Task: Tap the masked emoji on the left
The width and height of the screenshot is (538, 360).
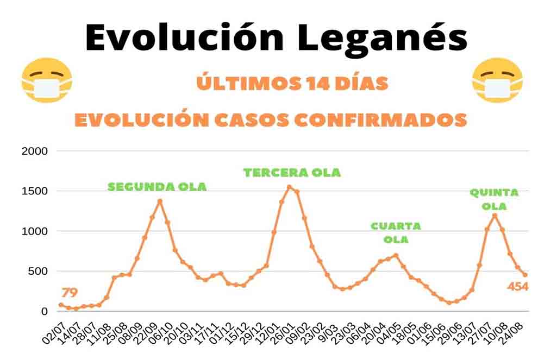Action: point(46,80)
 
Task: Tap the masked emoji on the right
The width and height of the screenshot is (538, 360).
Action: point(497,80)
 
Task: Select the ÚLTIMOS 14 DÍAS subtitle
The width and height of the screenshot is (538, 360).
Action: point(292,84)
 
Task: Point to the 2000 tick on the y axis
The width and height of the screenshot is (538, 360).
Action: point(34,151)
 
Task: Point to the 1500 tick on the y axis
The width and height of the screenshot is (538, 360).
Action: point(34,191)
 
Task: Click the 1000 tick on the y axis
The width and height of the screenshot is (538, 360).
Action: point(34,231)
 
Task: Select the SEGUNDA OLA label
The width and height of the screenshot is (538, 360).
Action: point(157,187)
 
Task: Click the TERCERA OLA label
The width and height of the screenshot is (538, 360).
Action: point(292,173)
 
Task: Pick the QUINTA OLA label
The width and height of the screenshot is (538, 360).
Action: point(494,199)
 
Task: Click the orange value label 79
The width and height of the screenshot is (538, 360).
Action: point(70,293)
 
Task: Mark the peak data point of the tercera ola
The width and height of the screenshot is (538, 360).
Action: point(289,187)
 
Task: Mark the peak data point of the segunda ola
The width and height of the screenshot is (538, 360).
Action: point(160,201)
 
